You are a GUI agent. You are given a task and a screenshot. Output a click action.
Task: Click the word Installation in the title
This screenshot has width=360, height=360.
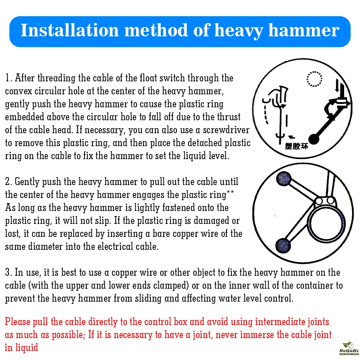(69, 30)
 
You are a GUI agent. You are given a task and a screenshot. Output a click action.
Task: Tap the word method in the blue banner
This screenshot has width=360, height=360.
(156, 30)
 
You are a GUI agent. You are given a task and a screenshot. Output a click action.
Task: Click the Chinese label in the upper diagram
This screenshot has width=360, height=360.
(296, 146)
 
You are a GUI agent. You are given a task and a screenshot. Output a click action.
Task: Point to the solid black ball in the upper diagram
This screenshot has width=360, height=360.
(314, 139)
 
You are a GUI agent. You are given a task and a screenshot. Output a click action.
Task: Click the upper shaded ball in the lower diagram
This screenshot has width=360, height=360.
(284, 179)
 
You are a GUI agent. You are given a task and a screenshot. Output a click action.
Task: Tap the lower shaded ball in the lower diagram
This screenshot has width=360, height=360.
(283, 246)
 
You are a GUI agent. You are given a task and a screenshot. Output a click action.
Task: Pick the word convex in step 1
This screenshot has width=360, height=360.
(19, 91)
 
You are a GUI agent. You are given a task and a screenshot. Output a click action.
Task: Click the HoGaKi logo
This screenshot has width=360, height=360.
(349, 348)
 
